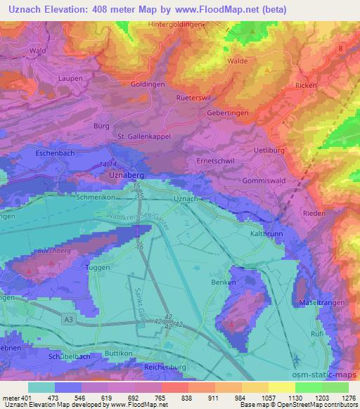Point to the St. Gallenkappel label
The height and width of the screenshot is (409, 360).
[x=144, y=136]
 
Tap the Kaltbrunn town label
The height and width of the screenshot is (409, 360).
[x=265, y=231]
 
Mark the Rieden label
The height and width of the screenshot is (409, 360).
[x=313, y=213]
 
